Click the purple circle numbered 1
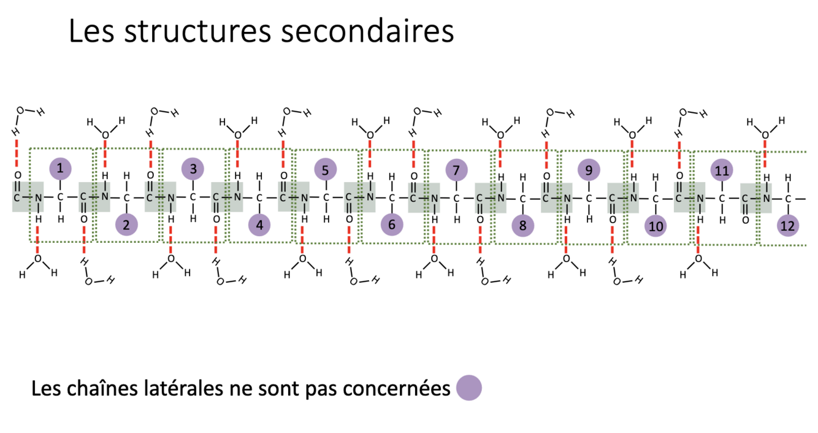coord(59,167)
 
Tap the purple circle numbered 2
coord(126,225)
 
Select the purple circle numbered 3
coord(193,169)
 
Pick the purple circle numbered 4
coord(259,225)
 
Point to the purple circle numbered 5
coord(326,169)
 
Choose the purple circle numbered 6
coord(392,225)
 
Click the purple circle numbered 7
coord(456,170)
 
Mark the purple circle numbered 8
coord(522,226)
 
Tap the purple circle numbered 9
coord(589,169)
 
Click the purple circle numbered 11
coord(722,170)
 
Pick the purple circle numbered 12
coord(787,226)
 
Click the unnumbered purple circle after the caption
coord(469,388)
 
